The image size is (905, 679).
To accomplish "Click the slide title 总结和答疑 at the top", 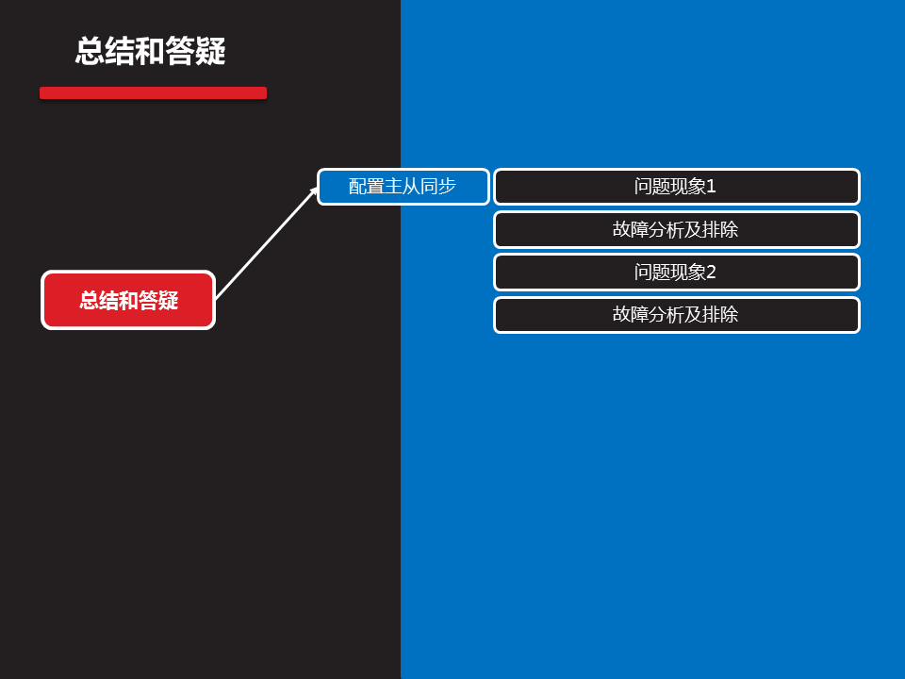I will (x=151, y=52).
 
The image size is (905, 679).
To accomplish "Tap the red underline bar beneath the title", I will (x=153, y=92).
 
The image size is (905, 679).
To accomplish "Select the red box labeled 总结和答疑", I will (x=128, y=300).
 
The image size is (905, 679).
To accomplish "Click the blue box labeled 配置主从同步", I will (x=403, y=187).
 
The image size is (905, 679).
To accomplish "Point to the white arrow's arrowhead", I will (x=315, y=190).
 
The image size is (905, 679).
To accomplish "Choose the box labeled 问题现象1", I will (x=676, y=187).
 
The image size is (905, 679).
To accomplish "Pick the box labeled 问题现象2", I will (x=676, y=273).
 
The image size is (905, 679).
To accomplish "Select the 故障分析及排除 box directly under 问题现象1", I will (x=676, y=229).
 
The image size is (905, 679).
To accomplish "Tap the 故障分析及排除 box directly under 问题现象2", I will (x=676, y=315).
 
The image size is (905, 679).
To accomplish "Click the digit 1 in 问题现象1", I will (x=712, y=187).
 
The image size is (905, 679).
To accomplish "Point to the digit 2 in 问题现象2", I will (x=712, y=273).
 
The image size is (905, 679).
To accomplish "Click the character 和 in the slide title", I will (x=151, y=52).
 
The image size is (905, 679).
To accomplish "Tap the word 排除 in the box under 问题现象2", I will (x=720, y=315).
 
